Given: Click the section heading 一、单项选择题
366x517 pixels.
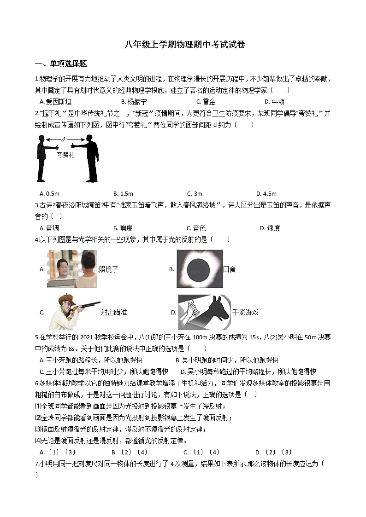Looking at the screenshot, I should [x=61, y=64].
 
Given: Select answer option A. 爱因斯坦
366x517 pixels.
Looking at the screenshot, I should [x=56, y=102].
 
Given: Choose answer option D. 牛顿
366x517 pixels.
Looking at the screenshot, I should [x=274, y=102].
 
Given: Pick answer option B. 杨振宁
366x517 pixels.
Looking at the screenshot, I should [x=134, y=102].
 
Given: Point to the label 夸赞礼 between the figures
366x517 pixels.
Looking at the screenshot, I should [x=65, y=155].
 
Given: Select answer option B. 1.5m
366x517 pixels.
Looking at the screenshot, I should [x=123, y=193].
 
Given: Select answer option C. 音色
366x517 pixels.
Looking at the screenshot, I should [x=196, y=228].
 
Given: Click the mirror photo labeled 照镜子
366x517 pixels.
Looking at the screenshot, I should [x=72, y=269].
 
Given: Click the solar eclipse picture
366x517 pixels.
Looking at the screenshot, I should [x=200, y=269].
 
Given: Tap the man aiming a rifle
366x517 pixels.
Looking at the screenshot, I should [x=74, y=312].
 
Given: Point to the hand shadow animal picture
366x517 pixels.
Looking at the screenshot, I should [x=204, y=312].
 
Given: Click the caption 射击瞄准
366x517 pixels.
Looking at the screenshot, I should [x=114, y=312].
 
